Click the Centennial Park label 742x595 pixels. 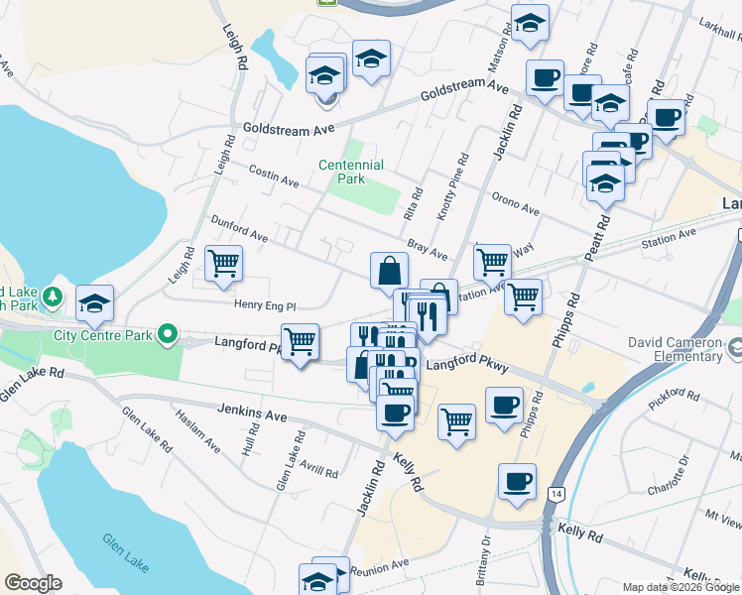pos(350,172)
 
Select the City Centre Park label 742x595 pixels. pos(104,334)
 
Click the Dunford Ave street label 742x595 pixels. pos(239,229)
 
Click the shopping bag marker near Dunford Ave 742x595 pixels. pos(390,270)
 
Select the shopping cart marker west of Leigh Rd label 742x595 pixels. pos(223,264)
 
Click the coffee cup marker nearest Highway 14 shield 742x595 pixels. pos(517,481)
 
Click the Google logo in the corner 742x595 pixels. pos(34,583)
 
